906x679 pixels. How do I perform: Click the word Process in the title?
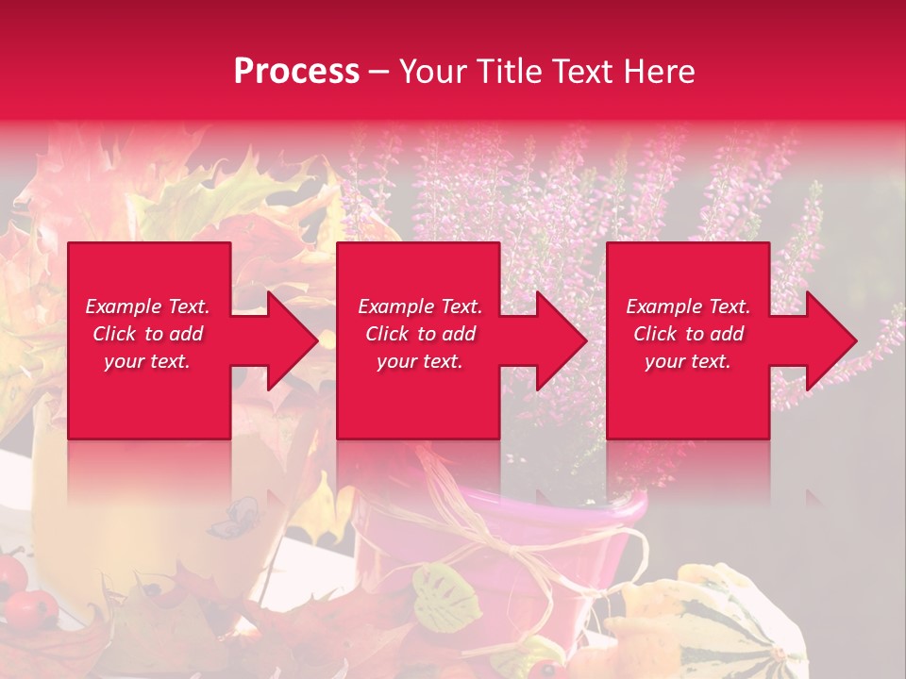(296, 72)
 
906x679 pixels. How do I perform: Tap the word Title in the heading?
(506, 72)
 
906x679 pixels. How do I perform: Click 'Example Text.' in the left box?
(147, 306)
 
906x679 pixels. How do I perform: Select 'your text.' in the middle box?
(419, 361)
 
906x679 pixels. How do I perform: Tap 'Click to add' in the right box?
(688, 334)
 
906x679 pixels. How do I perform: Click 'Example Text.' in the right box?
(688, 306)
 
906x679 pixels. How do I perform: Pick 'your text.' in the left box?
(147, 361)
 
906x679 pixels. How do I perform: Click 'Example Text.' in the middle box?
(419, 306)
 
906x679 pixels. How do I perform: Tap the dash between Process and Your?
(378, 72)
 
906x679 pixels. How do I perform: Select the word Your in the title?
(432, 72)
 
